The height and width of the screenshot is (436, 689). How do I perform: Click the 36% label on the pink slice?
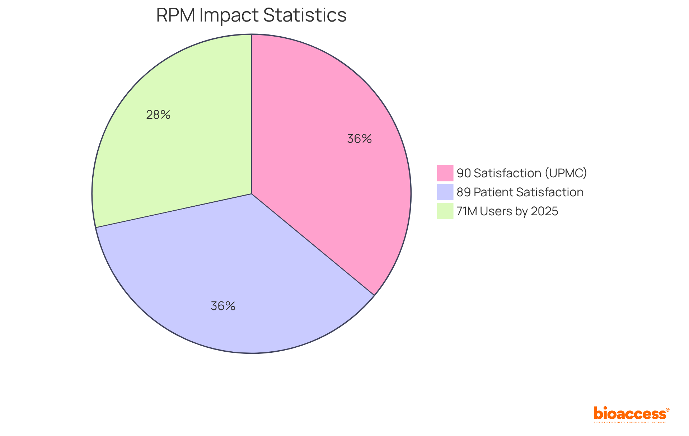point(359,139)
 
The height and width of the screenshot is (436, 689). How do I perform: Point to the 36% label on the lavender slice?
point(223,306)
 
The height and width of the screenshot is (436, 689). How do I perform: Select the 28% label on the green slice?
point(158,115)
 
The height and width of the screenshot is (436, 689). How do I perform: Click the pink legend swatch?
point(445,173)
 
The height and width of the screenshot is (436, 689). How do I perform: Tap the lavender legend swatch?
point(445,192)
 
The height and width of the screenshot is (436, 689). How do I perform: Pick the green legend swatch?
point(445,211)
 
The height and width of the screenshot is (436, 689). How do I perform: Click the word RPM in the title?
point(176,15)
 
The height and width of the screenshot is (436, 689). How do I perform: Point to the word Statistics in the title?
point(305,15)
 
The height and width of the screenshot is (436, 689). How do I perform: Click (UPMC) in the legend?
point(566,173)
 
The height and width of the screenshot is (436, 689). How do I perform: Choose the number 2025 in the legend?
point(544,211)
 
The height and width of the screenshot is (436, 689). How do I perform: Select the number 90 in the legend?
point(463,173)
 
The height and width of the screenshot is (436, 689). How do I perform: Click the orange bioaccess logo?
point(629,414)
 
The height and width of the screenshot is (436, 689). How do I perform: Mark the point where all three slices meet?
point(252,194)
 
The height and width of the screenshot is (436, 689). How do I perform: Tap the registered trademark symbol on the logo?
point(667,410)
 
